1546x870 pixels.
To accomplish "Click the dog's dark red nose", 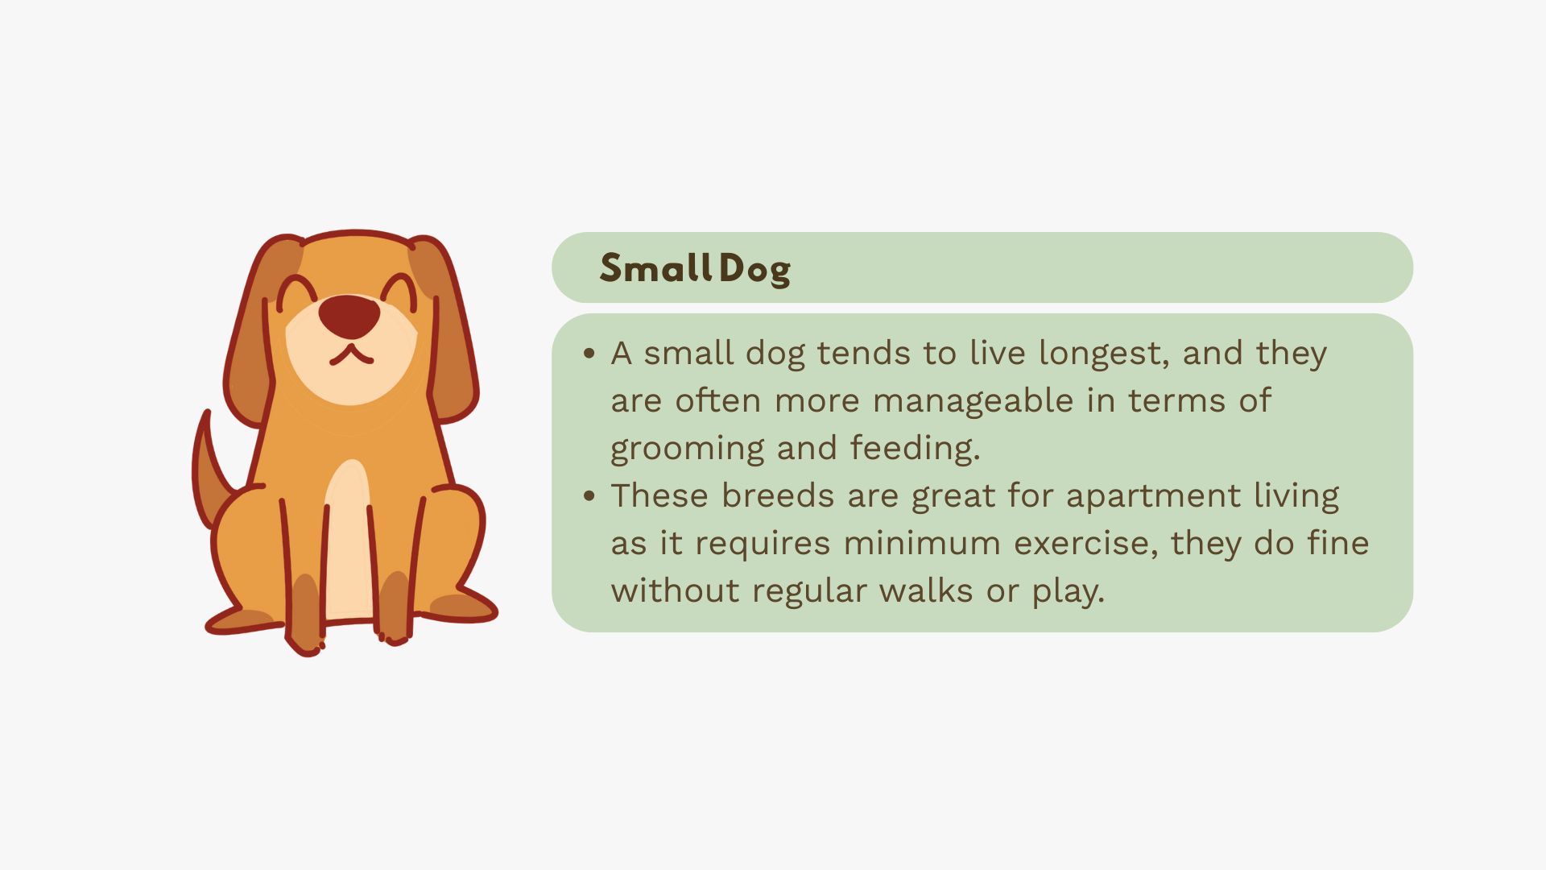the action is [x=349, y=315].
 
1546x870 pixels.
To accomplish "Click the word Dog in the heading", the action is [x=755, y=270].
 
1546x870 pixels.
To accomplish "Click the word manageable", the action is [x=973, y=400].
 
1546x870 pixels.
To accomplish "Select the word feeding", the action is [x=915, y=448].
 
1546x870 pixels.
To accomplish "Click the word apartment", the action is [x=1153, y=496].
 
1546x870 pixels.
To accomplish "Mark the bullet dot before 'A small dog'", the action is [x=589, y=353].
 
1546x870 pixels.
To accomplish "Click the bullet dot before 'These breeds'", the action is [x=589, y=495].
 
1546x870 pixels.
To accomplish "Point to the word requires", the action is [x=762, y=545].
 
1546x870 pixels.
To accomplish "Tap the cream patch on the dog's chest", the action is [x=349, y=540].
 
